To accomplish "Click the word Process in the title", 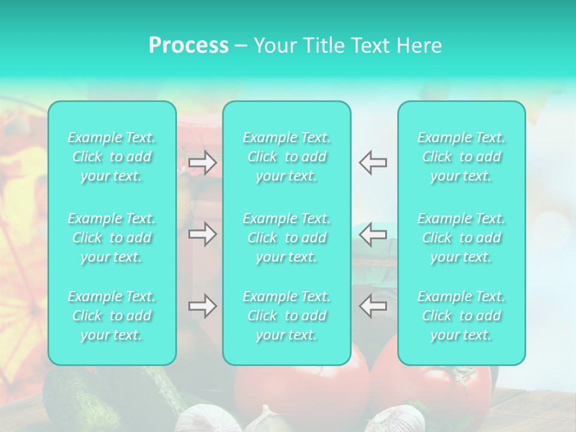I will pos(188,46).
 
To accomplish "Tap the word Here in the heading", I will pos(419,46).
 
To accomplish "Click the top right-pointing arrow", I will pos(202,163).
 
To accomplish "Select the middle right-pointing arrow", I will pos(202,234).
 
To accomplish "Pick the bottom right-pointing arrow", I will pos(202,306).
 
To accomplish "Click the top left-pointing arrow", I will pos(373,163).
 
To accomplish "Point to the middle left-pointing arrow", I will pos(373,234).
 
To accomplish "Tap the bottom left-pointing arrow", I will pos(373,306).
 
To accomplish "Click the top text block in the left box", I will pos(112,157).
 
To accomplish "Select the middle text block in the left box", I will pos(112,238).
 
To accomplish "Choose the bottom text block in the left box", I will pos(112,316).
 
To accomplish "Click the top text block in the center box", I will pos(287,157).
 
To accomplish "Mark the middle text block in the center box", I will pos(287,238).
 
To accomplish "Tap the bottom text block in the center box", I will pos(287,316).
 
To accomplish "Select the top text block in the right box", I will pos(461,157).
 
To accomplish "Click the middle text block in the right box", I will pos(461,238).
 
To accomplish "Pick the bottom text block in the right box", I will pos(461,316).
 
